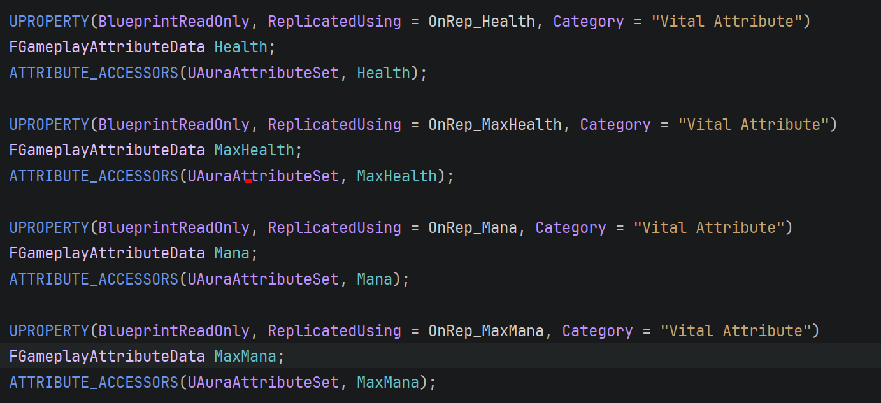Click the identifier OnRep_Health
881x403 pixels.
pyautogui.click(x=482, y=22)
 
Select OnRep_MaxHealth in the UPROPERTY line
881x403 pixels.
pyautogui.click(x=495, y=124)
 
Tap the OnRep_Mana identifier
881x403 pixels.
pyautogui.click(x=473, y=227)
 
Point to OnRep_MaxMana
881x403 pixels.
pyautogui.click(x=486, y=330)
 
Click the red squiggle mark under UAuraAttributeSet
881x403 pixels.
pyautogui.click(x=248, y=181)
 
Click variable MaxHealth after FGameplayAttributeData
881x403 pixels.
pyautogui.click(x=254, y=150)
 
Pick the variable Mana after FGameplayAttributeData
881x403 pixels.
pyautogui.click(x=232, y=253)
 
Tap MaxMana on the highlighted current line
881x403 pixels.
pyautogui.click(x=245, y=357)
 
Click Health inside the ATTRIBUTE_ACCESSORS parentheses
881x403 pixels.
pyautogui.click(x=383, y=73)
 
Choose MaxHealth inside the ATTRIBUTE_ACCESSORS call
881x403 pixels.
pyautogui.click(x=397, y=176)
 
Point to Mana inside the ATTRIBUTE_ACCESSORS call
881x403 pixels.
pyautogui.click(x=375, y=279)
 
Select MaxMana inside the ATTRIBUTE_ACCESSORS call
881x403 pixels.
pyautogui.click(x=388, y=382)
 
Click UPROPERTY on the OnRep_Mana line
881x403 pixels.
pyautogui.click(x=49, y=227)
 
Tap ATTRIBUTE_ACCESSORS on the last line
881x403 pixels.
pyautogui.click(x=94, y=382)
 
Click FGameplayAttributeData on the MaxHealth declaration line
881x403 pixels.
pyautogui.click(x=107, y=150)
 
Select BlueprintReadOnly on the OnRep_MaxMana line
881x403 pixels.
pyautogui.click(x=174, y=330)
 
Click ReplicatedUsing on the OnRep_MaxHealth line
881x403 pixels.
pyautogui.click(x=334, y=124)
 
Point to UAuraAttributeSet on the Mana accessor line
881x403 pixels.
pyautogui.click(x=263, y=279)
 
